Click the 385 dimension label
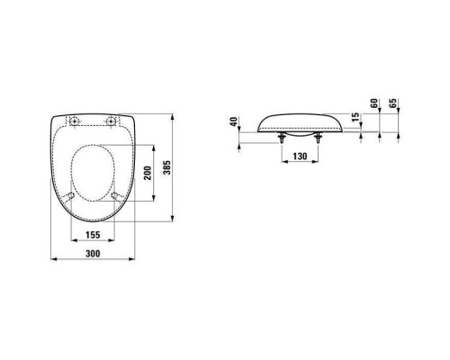(167, 167)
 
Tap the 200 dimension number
(148, 173)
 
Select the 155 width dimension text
(93, 235)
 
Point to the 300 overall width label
(93, 254)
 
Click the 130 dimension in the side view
(300, 157)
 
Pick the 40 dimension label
(234, 121)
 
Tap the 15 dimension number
(355, 117)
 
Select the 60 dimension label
(374, 103)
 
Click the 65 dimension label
(392, 103)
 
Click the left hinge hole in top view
(74, 121)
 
